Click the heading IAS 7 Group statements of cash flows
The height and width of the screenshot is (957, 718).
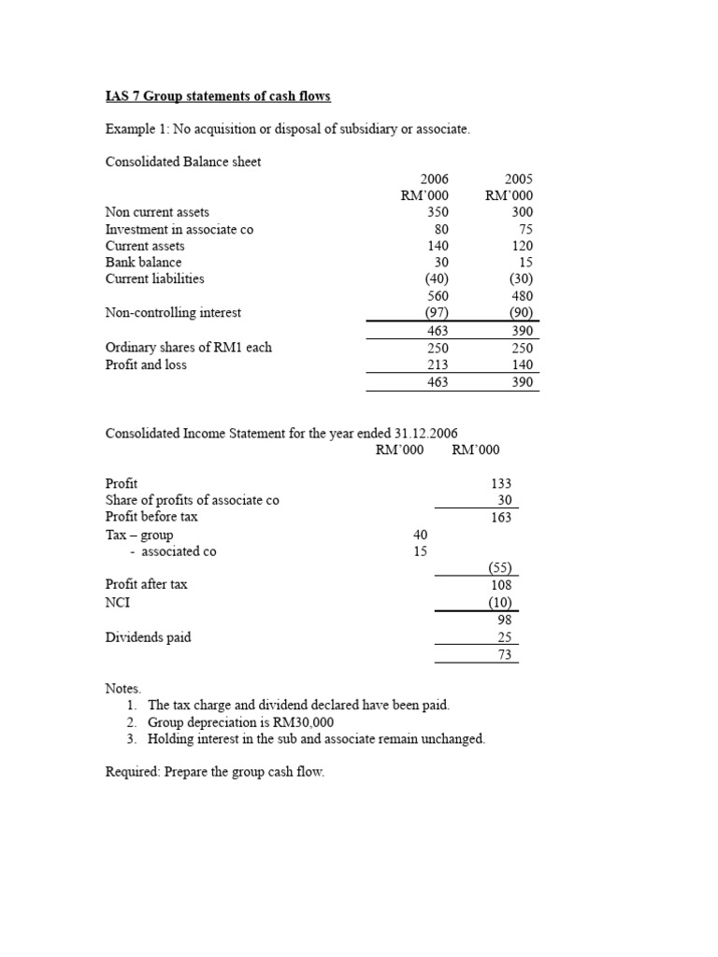coord(218,96)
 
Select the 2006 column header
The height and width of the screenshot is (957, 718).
coord(435,179)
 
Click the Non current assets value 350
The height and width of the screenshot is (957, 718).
coord(437,212)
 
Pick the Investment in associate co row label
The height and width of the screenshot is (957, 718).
coord(179,229)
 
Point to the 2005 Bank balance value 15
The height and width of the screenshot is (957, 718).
coord(524,263)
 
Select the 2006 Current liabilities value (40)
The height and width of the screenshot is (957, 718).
coord(434,279)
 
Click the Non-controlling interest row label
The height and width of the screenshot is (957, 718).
coord(173,313)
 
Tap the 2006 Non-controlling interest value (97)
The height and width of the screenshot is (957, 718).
coord(434,313)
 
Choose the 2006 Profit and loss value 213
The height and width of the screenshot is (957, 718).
coord(437,364)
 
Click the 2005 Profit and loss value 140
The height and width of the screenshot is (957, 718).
coord(521,364)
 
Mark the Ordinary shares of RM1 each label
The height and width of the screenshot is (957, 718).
coord(189,348)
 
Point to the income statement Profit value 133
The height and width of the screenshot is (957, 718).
coord(500,483)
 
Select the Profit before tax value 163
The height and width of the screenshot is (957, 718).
coord(500,517)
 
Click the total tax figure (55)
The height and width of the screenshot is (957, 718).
coord(500,568)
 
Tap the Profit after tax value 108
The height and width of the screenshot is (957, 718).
coord(500,584)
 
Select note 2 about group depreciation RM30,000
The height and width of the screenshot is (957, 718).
coord(240,722)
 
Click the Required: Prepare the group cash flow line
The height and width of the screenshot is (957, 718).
coord(215,774)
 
